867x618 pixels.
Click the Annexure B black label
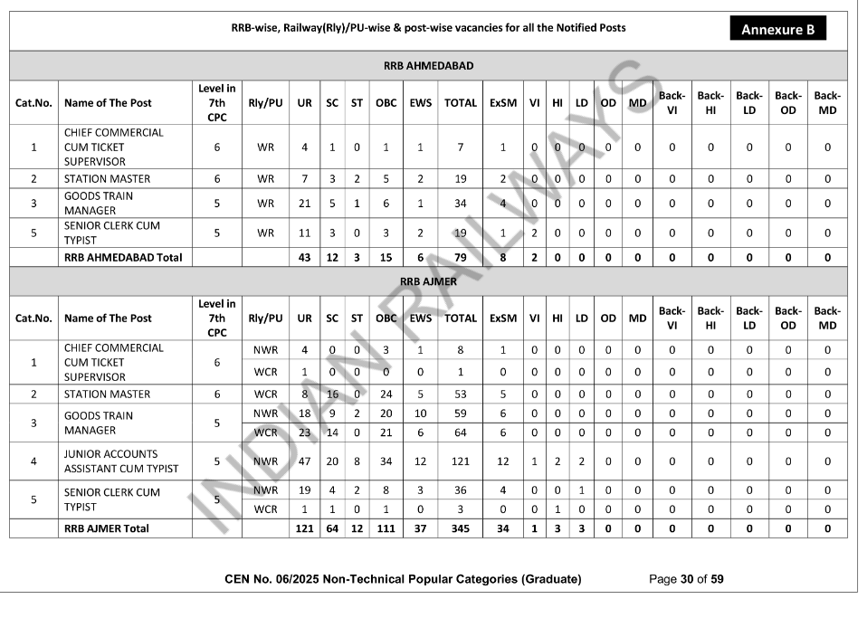[777, 29]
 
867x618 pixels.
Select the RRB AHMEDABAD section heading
[428, 66]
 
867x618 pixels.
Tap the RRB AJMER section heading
[428, 281]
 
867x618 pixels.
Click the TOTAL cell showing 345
[460, 528]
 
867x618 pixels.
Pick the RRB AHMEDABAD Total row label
[123, 258]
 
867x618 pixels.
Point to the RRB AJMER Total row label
[107, 528]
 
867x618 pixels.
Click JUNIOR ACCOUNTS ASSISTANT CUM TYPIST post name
[121, 461]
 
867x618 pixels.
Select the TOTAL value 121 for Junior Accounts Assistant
[460, 461]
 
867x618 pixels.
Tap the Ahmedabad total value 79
[460, 258]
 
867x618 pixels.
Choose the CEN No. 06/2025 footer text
[403, 579]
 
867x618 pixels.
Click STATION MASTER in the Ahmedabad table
[107, 179]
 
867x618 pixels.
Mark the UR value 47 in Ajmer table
[305, 461]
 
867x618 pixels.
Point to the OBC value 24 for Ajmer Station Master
[386, 395]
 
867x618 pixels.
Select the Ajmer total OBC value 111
[386, 528]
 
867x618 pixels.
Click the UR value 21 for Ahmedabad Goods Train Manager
[305, 204]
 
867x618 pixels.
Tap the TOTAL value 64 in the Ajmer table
[460, 433]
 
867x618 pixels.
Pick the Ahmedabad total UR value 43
[305, 258]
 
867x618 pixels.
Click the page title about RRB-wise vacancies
[428, 28]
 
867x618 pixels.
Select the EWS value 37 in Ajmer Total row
[421, 528]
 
